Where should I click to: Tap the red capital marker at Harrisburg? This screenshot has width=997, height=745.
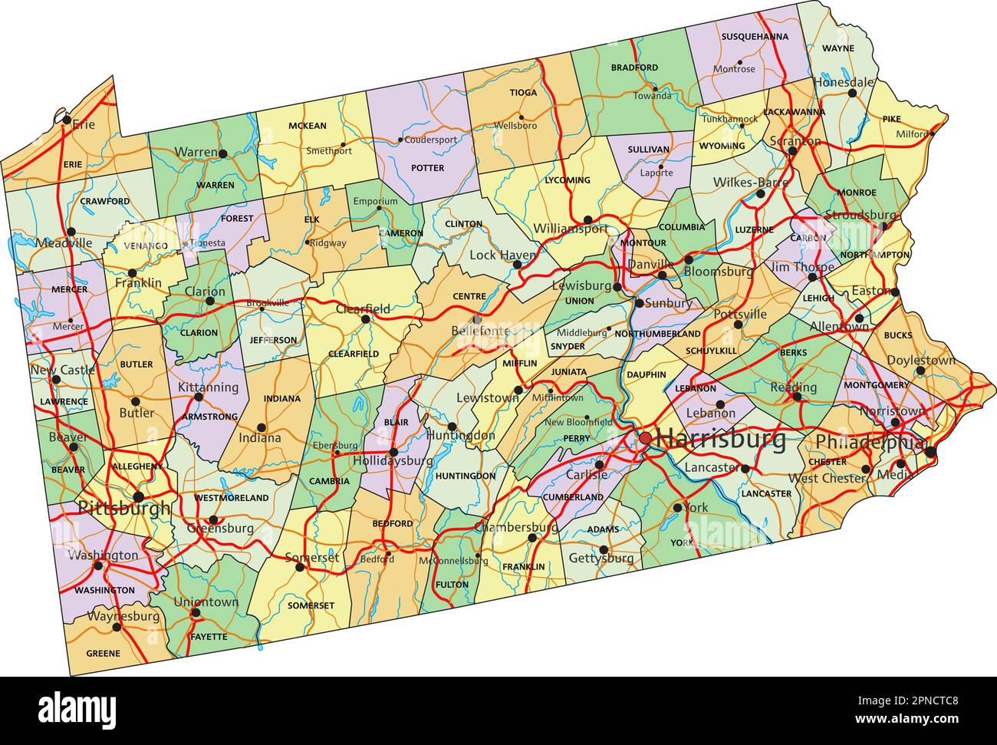646,438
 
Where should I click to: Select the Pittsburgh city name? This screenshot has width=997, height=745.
124,509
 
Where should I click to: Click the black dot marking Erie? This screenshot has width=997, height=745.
67,120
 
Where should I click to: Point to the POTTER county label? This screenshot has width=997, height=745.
427,167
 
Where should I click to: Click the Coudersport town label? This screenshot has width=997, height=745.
430,140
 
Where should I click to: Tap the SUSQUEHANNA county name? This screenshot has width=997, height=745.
754,36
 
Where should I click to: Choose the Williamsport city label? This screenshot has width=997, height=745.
571,229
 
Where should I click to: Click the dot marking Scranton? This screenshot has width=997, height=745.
792,151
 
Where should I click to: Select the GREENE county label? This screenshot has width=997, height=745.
103,654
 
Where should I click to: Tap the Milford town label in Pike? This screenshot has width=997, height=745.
911,134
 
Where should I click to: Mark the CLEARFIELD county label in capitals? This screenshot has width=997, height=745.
354,354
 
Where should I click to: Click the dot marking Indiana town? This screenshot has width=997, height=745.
262,427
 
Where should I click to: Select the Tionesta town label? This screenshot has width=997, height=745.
208,242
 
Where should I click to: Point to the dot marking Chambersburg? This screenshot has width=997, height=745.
532,538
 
